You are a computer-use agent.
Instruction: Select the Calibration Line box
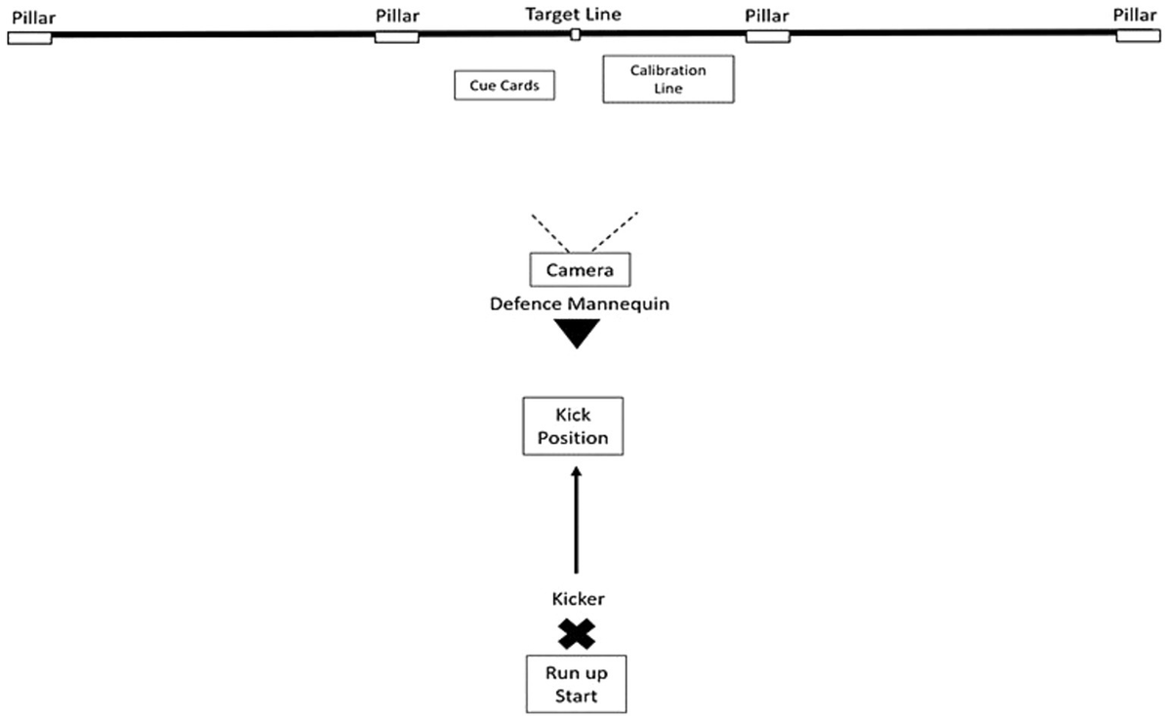(x=667, y=79)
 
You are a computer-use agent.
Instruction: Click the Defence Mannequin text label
(x=579, y=304)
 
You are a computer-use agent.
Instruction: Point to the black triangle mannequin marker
(x=577, y=332)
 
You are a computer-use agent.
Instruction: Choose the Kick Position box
(x=573, y=426)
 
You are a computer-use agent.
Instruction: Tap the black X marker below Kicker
(x=577, y=635)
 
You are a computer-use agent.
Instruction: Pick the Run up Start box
(x=576, y=684)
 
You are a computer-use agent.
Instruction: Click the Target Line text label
(x=573, y=14)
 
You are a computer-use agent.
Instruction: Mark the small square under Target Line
(x=576, y=35)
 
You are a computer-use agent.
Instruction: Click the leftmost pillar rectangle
(x=29, y=37)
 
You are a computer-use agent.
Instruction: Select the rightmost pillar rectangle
(x=1140, y=35)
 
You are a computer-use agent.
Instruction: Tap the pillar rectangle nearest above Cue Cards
(x=397, y=37)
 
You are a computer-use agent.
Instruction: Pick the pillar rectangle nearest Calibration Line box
(x=767, y=36)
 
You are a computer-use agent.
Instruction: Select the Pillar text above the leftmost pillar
(x=33, y=17)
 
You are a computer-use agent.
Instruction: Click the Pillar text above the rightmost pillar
(x=1136, y=15)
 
